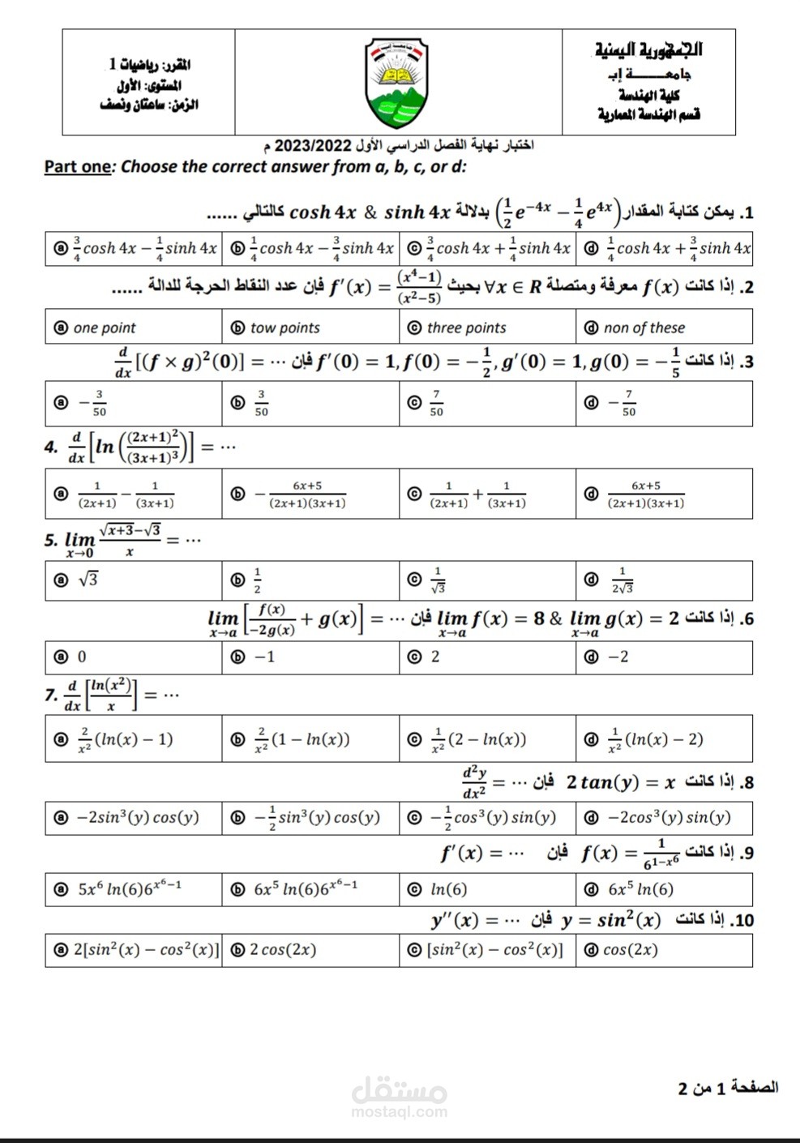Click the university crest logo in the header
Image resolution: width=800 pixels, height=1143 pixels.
point(398,83)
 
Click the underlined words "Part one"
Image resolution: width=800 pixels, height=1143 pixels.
point(78,167)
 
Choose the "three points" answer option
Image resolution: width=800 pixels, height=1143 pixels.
point(466,327)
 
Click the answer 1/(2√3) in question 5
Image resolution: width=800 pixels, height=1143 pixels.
point(622,580)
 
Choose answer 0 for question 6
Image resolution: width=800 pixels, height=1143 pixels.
point(81,657)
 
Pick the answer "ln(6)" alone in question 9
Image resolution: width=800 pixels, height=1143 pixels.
point(448,889)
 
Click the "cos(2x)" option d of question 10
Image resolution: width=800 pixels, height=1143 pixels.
point(630,949)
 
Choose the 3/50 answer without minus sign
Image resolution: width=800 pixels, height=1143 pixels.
point(261,404)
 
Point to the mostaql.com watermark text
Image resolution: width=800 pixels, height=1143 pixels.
point(400,1111)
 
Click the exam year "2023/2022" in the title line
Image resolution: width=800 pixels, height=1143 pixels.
point(313,146)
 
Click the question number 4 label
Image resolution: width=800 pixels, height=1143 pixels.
point(51,447)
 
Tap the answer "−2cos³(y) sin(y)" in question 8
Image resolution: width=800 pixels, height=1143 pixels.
point(669,817)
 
